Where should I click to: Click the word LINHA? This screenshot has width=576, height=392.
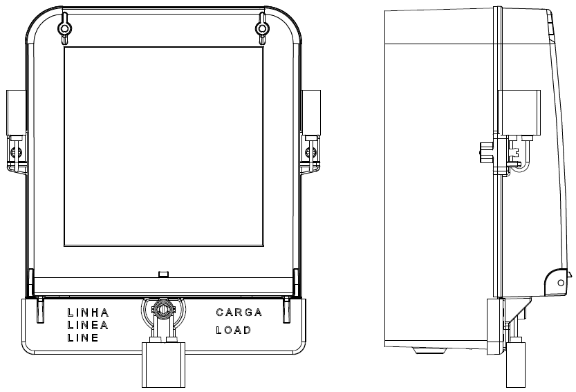coord(89,312)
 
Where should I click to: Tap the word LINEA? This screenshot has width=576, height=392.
coord(88,325)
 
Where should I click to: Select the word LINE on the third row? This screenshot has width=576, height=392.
coord(83,337)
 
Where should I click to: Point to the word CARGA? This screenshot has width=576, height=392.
coord(239,312)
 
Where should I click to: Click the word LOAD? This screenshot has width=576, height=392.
coord(234,330)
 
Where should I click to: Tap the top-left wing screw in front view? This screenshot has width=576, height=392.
coord(65,28)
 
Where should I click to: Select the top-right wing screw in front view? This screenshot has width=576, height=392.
coord(262,28)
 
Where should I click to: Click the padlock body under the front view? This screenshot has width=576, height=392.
coord(163,365)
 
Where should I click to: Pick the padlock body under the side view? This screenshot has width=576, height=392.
coord(516,365)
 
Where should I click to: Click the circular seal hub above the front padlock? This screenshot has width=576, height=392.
coord(162,309)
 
